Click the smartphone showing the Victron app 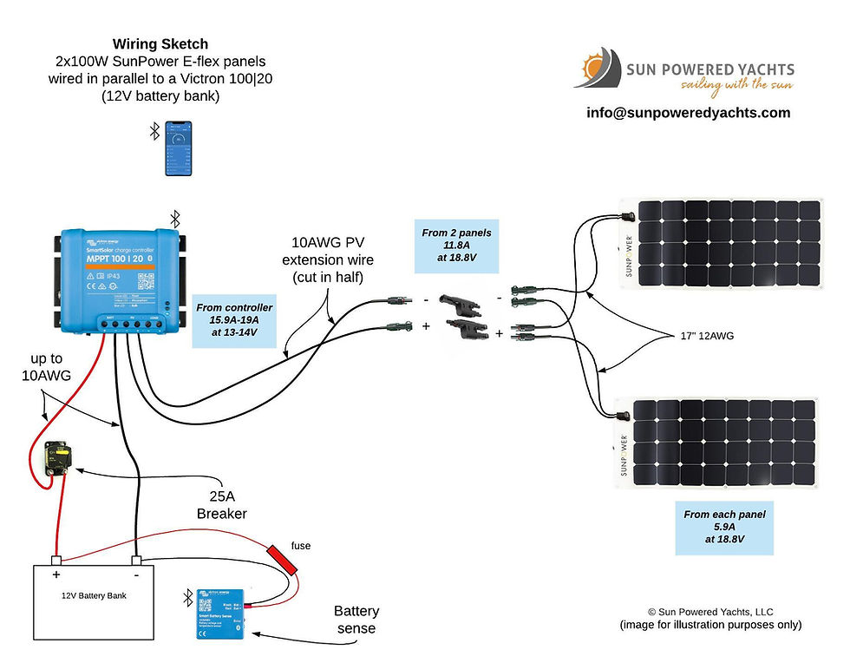(x=179, y=148)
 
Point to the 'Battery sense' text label (x=357, y=620)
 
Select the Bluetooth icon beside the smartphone (x=154, y=131)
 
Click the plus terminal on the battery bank (x=56, y=561)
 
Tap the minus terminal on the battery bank (x=135, y=561)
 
